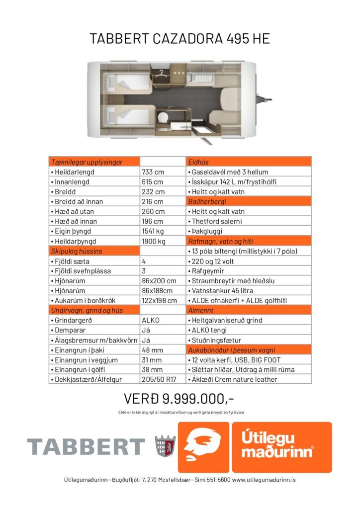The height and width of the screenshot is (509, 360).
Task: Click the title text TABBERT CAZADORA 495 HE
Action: (x=180, y=39)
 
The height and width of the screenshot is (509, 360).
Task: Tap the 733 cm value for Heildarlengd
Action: (x=153, y=172)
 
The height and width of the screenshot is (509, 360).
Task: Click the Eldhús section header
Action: (x=198, y=162)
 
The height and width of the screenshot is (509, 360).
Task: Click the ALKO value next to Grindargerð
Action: (x=151, y=321)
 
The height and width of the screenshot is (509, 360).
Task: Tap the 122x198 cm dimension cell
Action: (x=159, y=301)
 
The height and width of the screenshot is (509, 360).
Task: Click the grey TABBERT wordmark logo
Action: (x=86, y=446)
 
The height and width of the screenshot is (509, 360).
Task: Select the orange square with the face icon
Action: (x=203, y=447)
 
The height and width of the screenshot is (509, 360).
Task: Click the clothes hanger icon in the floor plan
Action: (x=162, y=73)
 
